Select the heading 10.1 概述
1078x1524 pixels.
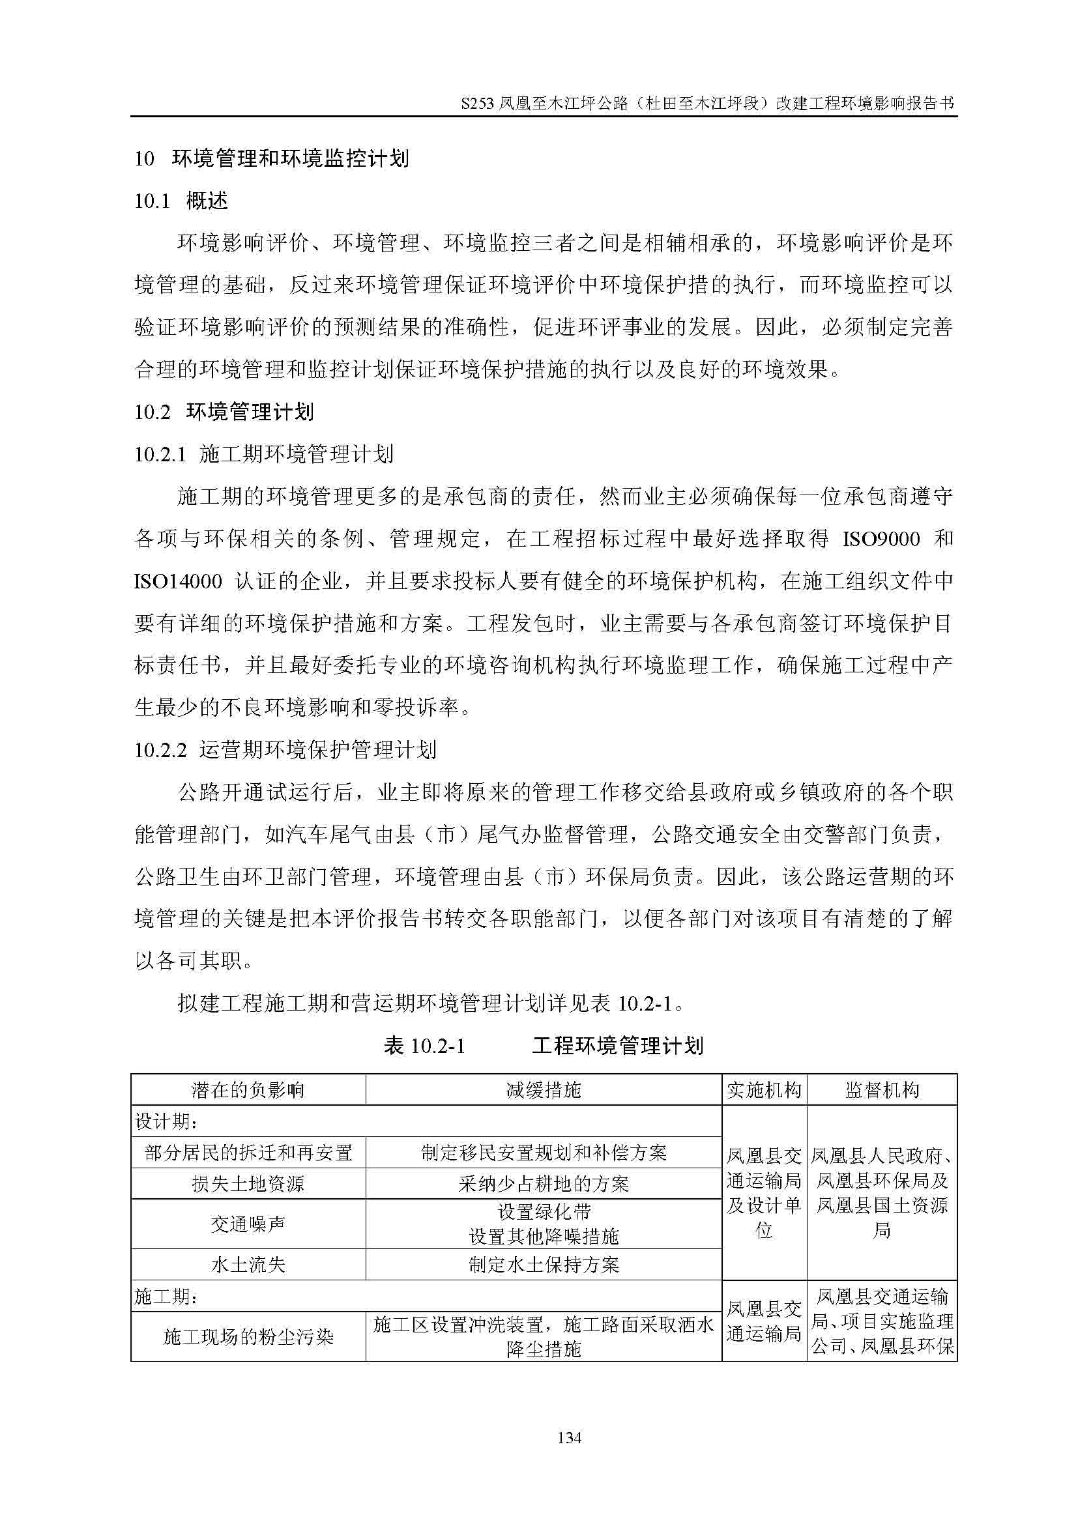pos(181,201)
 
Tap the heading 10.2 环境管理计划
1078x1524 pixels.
pos(224,412)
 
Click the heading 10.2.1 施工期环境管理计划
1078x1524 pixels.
pos(263,455)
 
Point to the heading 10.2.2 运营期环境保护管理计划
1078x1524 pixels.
pos(285,751)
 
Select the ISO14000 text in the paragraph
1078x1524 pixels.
pos(178,581)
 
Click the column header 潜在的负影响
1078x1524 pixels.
pos(248,1090)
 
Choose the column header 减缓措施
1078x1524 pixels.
pos(543,1090)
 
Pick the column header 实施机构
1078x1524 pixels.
pos(764,1090)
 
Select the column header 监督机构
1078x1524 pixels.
pos(882,1090)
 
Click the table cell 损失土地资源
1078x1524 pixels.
pos(248,1184)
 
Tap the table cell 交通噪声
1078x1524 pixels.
pos(248,1224)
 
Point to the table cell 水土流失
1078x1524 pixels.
pos(248,1265)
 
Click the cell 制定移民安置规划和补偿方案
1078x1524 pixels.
pos(543,1153)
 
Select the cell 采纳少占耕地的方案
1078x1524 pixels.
pos(543,1184)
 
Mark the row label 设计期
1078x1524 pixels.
pos(166,1122)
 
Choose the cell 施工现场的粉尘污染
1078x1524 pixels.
pos(248,1337)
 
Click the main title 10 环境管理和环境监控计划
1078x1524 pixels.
pos(272,158)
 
